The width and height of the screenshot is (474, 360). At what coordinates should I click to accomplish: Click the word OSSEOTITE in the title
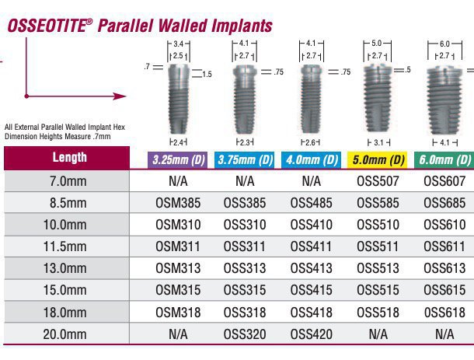pos(44,26)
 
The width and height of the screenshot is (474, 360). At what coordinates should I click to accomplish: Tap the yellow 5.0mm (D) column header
pos(378,160)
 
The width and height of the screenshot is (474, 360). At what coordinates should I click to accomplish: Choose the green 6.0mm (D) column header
pos(445,160)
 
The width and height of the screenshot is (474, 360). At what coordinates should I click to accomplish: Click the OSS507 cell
pos(378,181)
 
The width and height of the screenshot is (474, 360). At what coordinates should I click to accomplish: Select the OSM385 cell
pos(179,203)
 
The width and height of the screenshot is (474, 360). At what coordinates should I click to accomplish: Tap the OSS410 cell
pos(311,225)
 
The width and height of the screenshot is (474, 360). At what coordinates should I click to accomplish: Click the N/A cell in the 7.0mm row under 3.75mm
pos(245,181)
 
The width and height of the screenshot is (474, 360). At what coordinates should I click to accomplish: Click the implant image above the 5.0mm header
pos(377,96)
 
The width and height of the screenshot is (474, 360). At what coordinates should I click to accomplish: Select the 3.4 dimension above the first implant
pos(178,44)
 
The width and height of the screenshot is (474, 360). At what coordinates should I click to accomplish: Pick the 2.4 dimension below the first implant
pos(178,142)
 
